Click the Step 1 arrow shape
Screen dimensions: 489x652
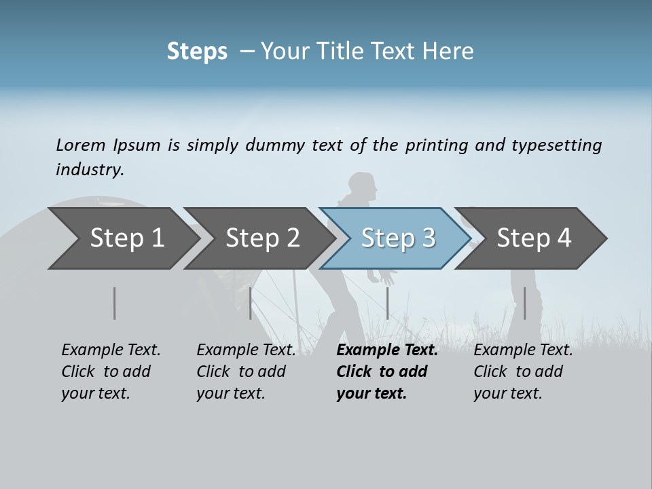click(x=122, y=238)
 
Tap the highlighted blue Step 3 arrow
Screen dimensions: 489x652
click(x=397, y=238)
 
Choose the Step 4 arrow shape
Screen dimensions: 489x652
click(x=533, y=238)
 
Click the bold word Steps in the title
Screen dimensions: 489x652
click(x=197, y=51)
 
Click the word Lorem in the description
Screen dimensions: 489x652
click(x=81, y=145)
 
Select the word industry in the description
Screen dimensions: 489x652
click(x=90, y=170)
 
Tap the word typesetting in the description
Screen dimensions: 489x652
click(x=556, y=145)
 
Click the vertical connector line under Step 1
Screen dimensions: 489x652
click(x=115, y=303)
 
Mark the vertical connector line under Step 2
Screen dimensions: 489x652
click(x=251, y=303)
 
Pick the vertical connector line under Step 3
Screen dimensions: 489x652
click(x=387, y=303)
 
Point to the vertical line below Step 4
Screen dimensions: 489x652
click(x=524, y=303)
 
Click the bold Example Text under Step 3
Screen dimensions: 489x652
click(x=387, y=350)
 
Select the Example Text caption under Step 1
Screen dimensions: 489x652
click(x=111, y=350)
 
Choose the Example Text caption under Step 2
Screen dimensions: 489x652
click(x=246, y=350)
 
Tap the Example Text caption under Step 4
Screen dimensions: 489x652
click(x=523, y=350)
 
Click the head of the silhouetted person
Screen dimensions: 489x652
click(x=361, y=186)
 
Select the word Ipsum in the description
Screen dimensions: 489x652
click(x=137, y=145)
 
